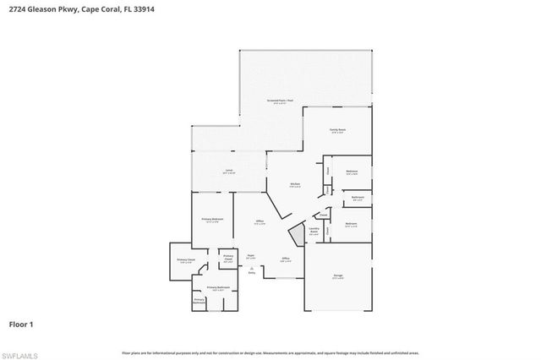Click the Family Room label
click(x=337, y=130)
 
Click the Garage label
click(x=337, y=276)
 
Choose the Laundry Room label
click(x=313, y=229)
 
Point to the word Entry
click(x=251, y=272)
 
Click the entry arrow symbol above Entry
click(x=251, y=266)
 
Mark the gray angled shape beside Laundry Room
click(x=297, y=236)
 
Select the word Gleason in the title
click(x=41, y=9)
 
